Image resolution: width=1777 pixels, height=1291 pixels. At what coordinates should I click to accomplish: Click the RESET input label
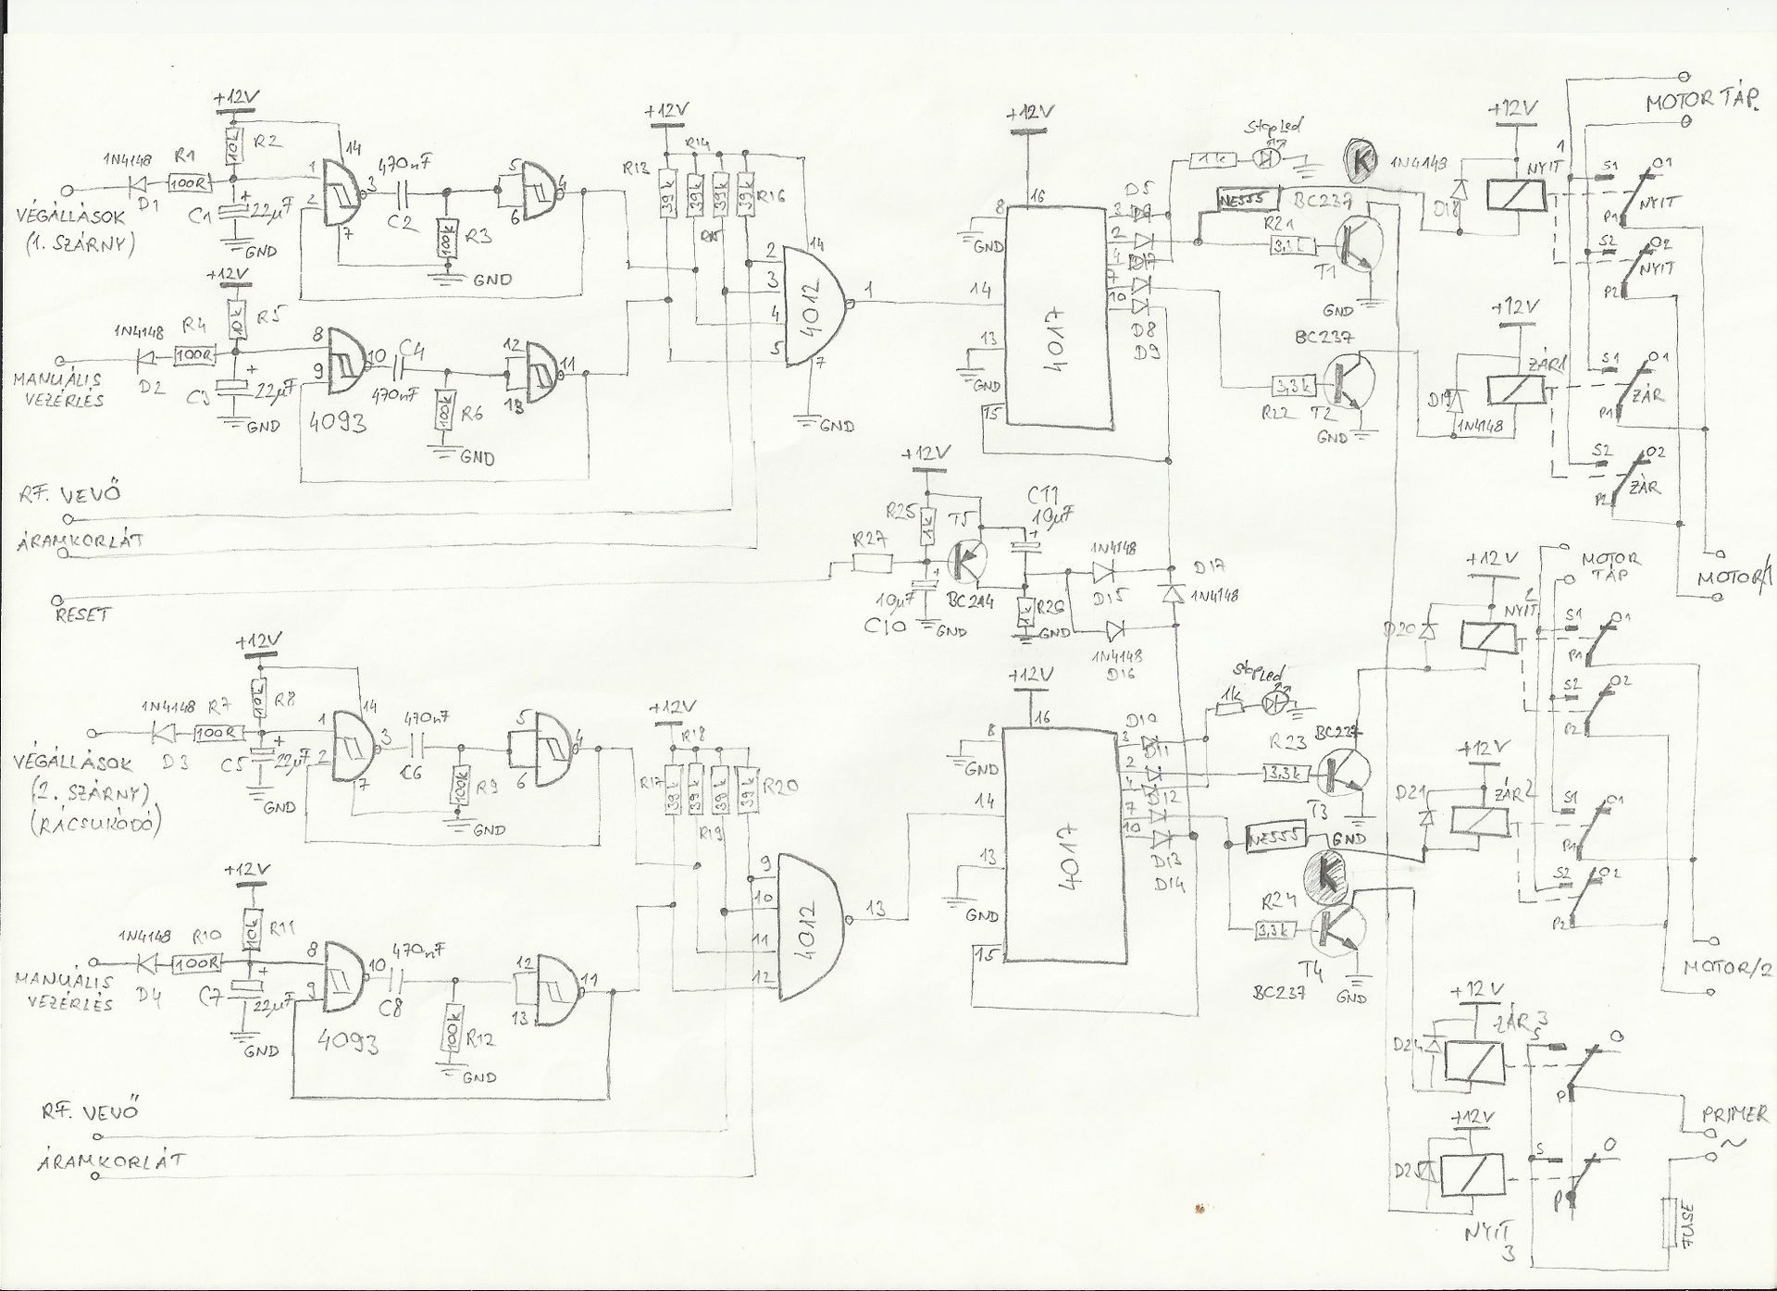pyautogui.click(x=81, y=614)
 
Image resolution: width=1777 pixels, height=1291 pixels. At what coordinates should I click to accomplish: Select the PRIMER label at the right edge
pyautogui.click(x=1734, y=1113)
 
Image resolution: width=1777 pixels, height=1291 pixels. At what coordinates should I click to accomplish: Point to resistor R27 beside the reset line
pyautogui.click(x=872, y=563)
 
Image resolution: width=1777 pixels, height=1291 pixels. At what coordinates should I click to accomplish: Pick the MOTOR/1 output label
pyautogui.click(x=1728, y=577)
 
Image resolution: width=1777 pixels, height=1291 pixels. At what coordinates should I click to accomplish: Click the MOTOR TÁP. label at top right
pyautogui.click(x=1701, y=104)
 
